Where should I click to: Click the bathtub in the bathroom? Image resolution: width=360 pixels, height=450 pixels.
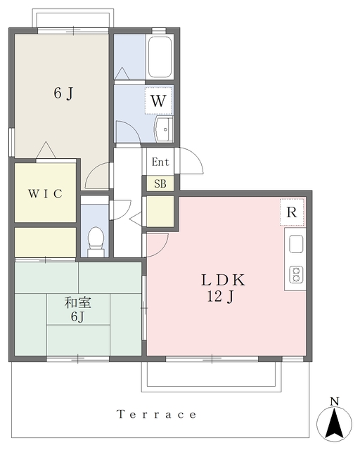tap(160, 56)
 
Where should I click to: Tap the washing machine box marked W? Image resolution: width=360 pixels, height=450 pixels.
tap(158, 101)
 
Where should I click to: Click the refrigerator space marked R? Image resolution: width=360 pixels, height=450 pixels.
tap(292, 212)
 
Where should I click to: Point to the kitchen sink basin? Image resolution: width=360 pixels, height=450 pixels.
tap(296, 244)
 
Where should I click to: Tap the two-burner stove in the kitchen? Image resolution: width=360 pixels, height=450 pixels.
tap(296, 275)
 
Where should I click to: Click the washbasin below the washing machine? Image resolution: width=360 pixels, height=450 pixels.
tap(164, 129)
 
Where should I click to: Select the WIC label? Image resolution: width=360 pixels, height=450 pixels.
tap(45, 193)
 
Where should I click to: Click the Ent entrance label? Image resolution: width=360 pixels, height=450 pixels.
tap(160, 162)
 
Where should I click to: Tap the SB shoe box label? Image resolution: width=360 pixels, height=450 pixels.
tap(160, 184)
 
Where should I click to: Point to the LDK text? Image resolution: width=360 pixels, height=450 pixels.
tap(223, 280)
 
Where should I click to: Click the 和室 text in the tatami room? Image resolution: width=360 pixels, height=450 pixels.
tap(77, 302)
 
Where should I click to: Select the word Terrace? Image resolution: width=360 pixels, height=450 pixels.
tap(157, 414)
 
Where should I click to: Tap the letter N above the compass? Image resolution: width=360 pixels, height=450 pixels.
tap(334, 401)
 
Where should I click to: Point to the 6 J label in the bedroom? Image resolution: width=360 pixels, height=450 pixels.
tap(63, 94)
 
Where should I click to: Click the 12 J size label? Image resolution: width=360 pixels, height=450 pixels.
tap(221, 297)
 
